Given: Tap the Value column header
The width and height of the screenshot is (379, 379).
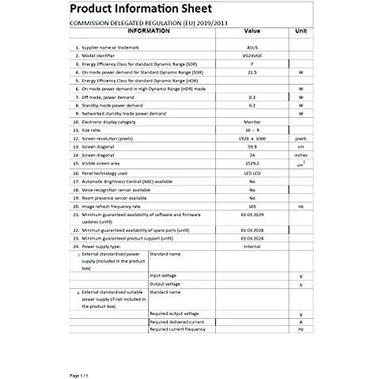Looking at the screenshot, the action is pos(252,31).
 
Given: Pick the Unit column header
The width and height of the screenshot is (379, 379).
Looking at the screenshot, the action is pos(301,31).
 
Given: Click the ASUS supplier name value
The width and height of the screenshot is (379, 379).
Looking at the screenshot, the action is pos(252,47).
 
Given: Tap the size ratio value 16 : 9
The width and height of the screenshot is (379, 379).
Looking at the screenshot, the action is pos(252,131).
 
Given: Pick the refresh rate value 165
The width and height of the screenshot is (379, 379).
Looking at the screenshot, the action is pos(252,206).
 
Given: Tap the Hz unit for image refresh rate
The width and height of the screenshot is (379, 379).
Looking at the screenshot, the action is pos(301,206).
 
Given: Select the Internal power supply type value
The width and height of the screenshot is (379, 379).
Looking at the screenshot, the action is pos(252,246).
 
